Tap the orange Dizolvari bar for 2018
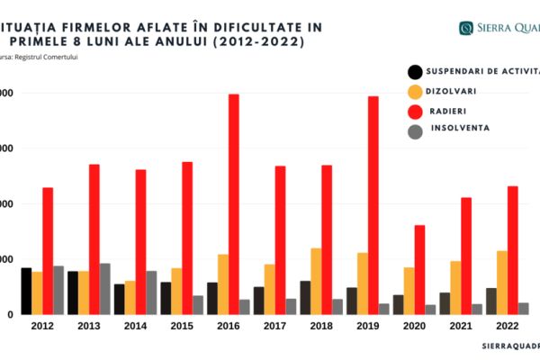point(316,281)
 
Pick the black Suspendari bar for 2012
point(26,291)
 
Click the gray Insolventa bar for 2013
point(105,289)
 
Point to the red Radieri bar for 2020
point(419,269)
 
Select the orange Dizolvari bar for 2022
point(502,283)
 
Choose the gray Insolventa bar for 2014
point(151,292)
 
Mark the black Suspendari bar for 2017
point(259,301)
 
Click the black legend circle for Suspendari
point(415,73)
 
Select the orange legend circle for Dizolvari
point(415,92)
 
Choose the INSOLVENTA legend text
point(460,129)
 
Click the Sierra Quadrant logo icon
point(468,28)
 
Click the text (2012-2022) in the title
point(265,41)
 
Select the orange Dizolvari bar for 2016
point(222,284)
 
